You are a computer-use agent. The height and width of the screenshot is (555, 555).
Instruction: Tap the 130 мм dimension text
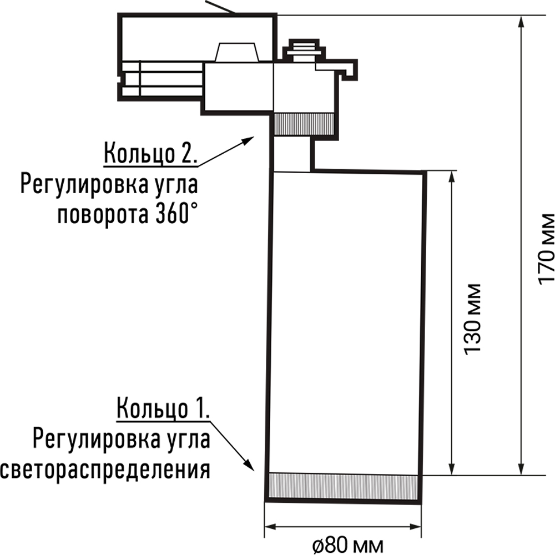click(472, 327)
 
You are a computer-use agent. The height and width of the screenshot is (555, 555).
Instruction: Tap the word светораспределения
click(105, 470)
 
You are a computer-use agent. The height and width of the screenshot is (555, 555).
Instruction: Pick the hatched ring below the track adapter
click(305, 123)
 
